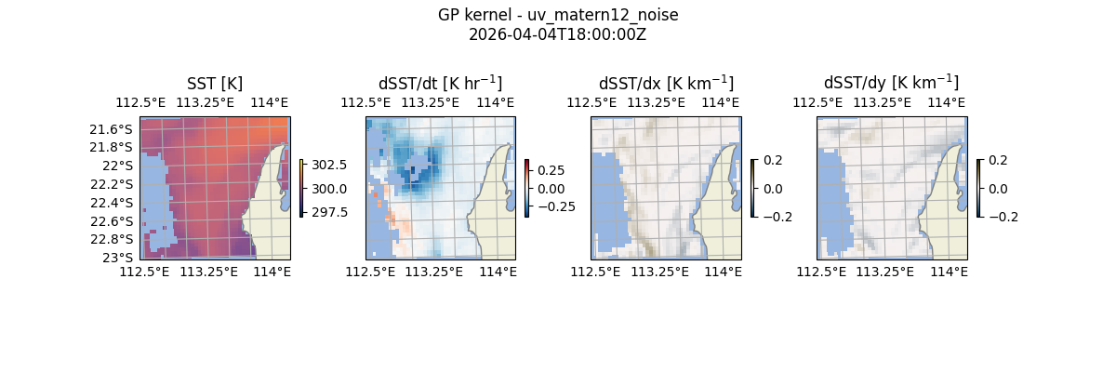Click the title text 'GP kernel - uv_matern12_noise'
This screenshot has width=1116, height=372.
coord(557,16)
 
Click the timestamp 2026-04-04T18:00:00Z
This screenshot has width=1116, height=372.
coord(557,35)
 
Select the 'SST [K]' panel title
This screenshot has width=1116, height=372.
coord(214,84)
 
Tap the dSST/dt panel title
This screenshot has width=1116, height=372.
coord(440,84)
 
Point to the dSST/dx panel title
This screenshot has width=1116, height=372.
coord(666,84)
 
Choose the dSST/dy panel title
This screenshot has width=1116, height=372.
coord(891,84)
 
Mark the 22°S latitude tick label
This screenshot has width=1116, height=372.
coord(119,166)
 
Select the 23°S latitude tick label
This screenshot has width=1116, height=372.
coord(119,258)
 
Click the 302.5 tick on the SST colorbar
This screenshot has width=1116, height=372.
coord(329,165)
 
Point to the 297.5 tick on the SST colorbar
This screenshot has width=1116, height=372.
coord(329,212)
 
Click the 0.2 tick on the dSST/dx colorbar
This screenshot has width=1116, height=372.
coord(773,160)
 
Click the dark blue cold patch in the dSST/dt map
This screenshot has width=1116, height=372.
coord(414,172)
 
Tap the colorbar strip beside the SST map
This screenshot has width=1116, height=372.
coord(301,188)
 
